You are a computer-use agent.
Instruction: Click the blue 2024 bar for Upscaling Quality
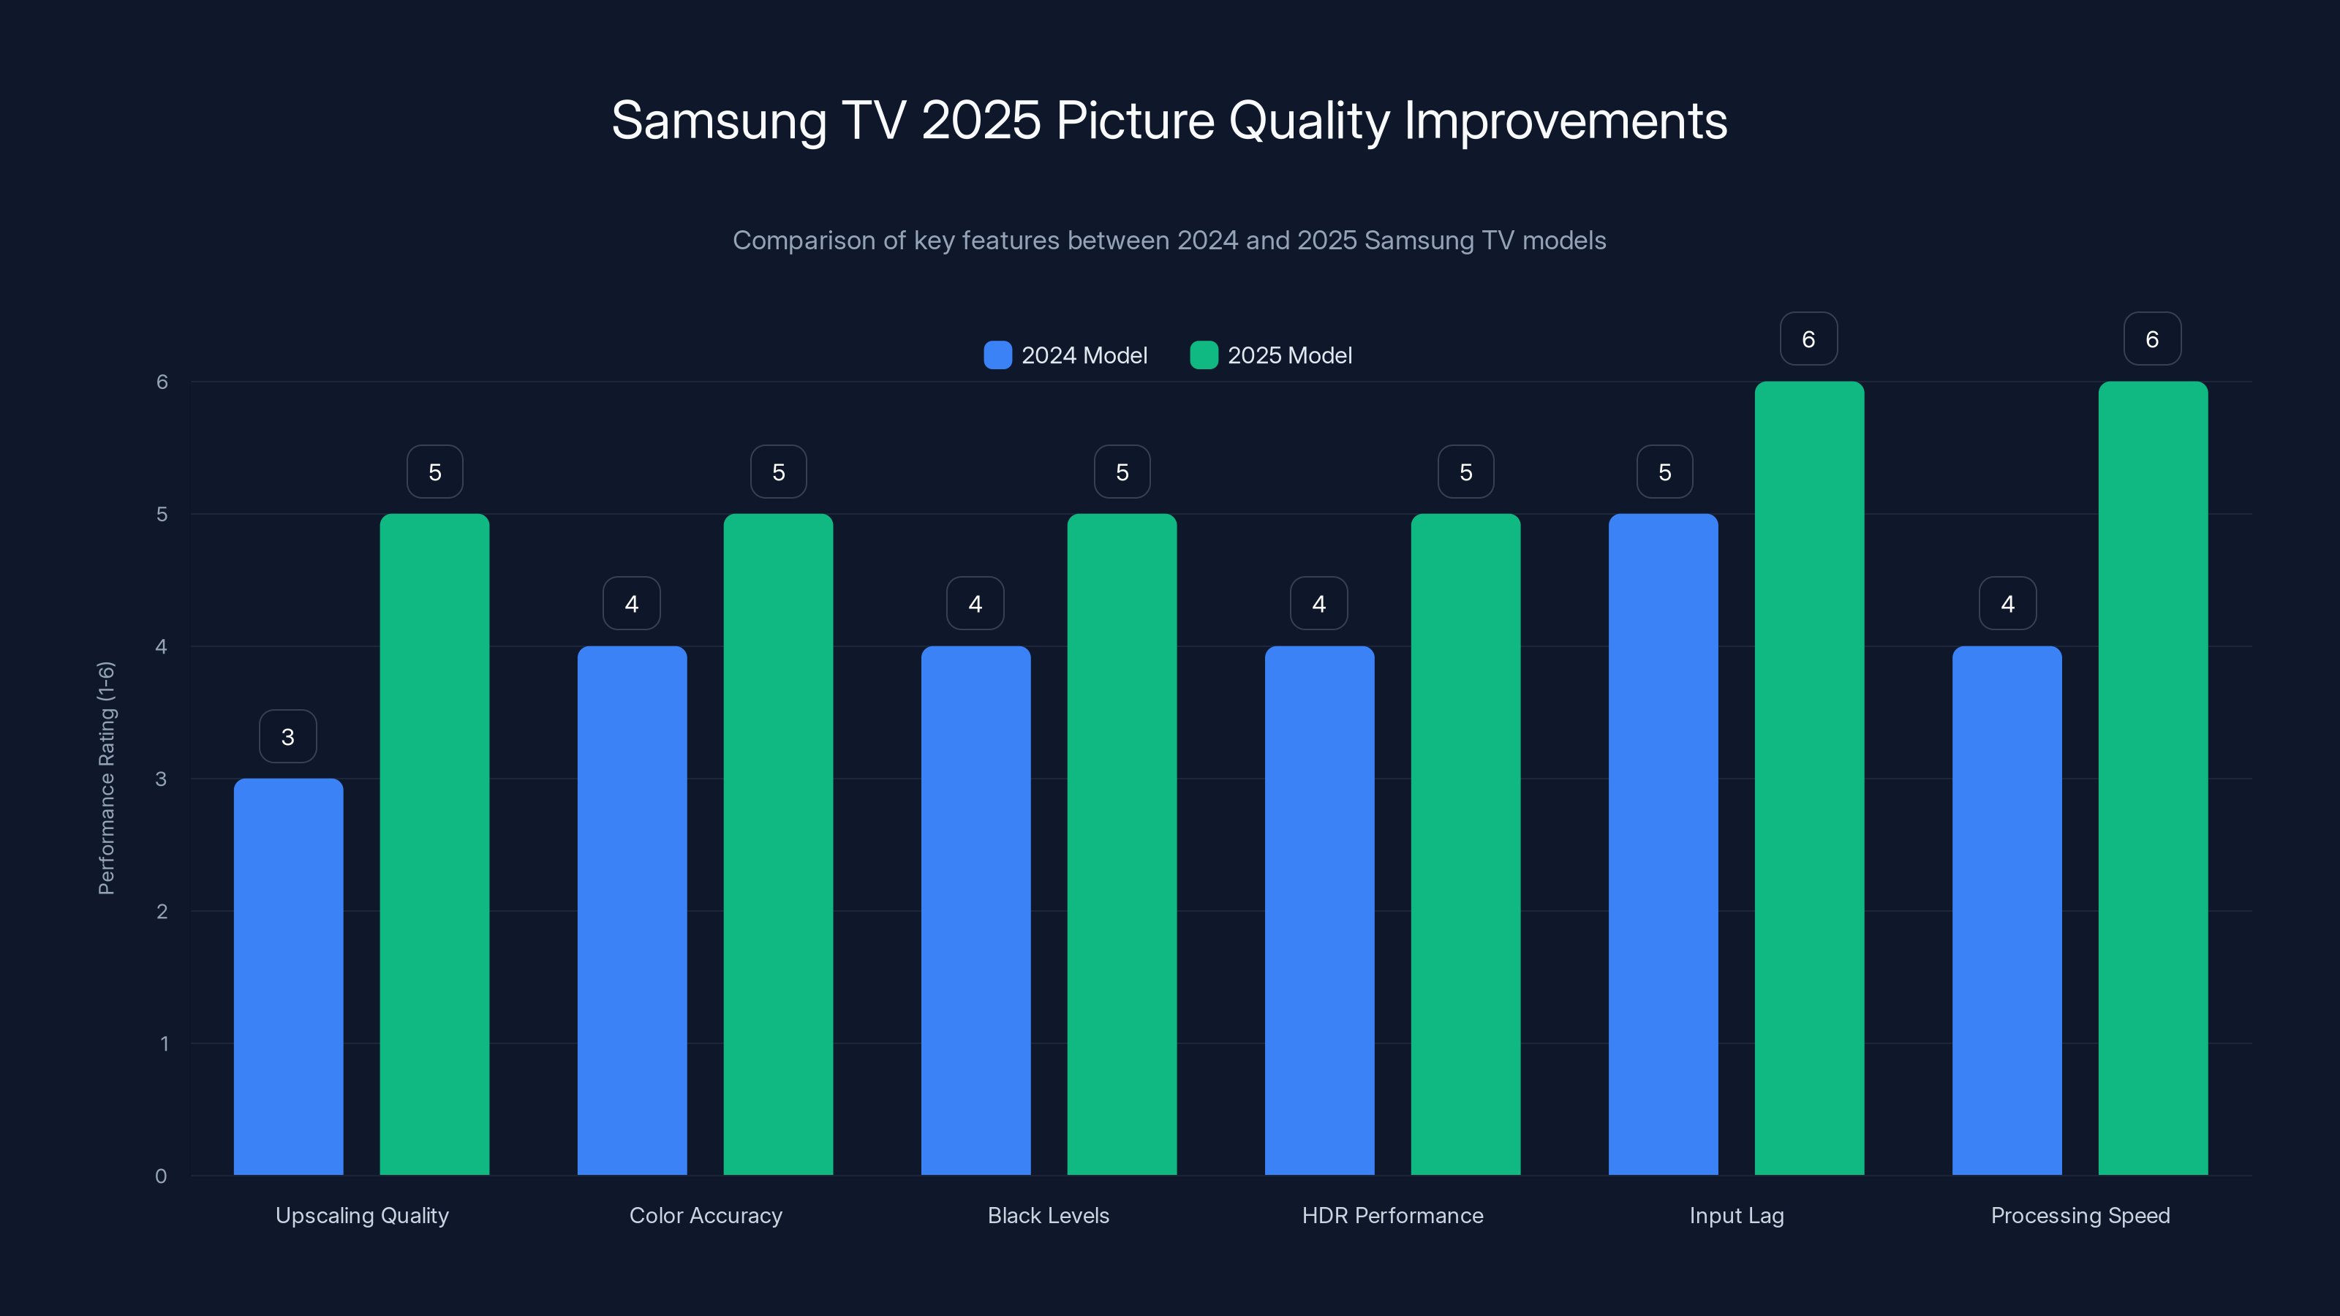pos(288,976)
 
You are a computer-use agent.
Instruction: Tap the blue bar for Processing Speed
pos(2007,910)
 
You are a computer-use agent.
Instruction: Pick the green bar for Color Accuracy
pos(777,844)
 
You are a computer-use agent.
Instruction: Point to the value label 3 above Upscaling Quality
pos(288,736)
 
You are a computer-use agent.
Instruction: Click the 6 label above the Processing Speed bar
pos(2152,339)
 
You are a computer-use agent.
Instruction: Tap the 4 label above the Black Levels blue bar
pos(975,604)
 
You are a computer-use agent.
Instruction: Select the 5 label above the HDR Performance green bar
pos(1465,472)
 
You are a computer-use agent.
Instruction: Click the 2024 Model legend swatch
pos(997,355)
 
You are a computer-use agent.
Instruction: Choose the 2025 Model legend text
pos(1289,355)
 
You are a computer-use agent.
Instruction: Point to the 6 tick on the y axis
pos(162,382)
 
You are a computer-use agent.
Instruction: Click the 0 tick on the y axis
pos(161,1176)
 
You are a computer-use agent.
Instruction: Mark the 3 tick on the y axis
pos(161,779)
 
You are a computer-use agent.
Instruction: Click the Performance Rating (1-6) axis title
pos(106,779)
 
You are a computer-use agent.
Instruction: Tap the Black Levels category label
pos(1049,1215)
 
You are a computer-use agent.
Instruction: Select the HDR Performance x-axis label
pos(1392,1215)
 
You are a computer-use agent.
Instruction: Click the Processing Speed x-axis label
pos(2079,1215)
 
